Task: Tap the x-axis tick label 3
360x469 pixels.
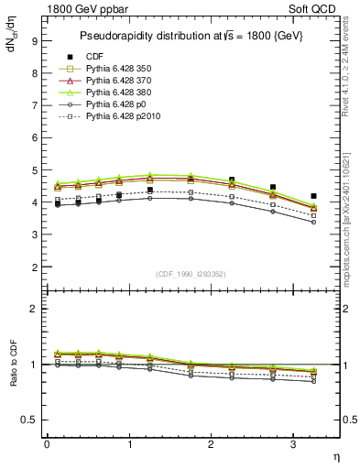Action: click(x=293, y=444)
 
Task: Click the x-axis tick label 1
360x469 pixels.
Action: click(x=129, y=444)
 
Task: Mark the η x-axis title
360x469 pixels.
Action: click(x=335, y=455)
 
